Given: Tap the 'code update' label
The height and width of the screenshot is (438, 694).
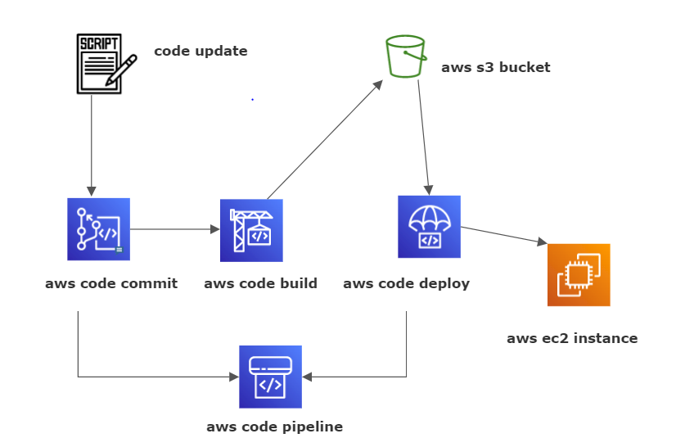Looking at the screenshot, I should point(201,52).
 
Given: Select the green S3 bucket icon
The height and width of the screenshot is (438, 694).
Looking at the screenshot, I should point(406,56).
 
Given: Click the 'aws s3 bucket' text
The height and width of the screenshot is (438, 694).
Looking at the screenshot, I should point(495,67).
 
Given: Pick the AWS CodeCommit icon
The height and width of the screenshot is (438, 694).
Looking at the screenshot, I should point(98,229).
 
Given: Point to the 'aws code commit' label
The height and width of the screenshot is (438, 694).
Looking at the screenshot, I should point(111,284).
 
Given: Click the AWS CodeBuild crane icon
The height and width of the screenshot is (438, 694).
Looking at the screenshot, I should point(251,230).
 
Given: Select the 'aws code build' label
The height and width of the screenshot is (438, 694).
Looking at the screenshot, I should point(260,284).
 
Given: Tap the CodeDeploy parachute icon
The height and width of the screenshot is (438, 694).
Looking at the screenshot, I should point(429,226).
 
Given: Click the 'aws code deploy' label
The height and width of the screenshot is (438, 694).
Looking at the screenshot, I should point(406,284).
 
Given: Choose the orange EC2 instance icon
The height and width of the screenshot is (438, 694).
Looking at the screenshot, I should point(579,274).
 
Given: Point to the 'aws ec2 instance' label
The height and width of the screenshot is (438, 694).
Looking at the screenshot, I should point(571,338).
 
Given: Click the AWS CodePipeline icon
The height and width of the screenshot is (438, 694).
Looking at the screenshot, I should point(270,377).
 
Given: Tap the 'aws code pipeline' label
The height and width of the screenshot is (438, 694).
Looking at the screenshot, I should point(274,427).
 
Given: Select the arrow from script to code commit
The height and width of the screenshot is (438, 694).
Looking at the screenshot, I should point(91,143).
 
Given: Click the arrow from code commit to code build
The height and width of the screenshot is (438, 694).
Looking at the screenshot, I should point(174,229).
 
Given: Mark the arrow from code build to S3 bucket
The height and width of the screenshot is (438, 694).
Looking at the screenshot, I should point(325,139).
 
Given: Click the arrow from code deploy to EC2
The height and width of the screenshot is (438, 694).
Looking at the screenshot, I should point(503,236).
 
